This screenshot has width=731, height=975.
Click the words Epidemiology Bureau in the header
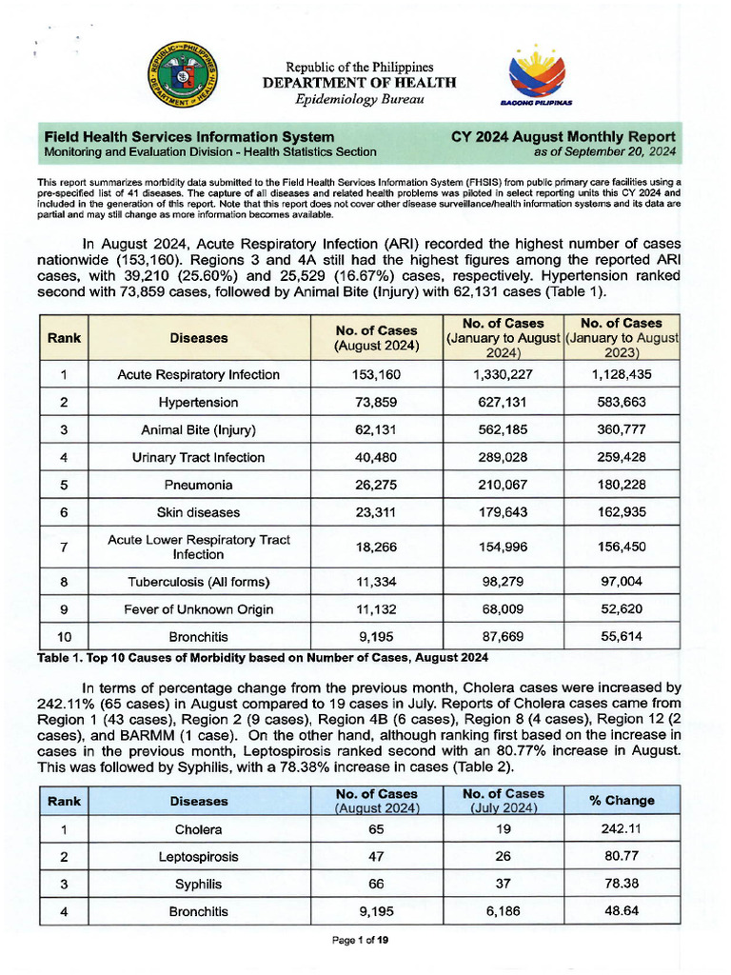click(x=360, y=100)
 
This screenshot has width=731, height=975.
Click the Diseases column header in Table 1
click(x=199, y=337)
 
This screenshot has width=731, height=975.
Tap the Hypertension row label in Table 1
click(x=199, y=403)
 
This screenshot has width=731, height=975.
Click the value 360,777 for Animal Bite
click(x=622, y=430)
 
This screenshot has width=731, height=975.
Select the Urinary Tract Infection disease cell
click(x=199, y=458)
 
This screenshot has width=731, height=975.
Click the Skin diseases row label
click(x=199, y=513)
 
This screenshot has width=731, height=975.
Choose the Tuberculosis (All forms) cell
click(x=199, y=582)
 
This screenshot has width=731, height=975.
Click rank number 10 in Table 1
click(x=63, y=637)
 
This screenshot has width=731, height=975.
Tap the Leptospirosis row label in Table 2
click(x=199, y=857)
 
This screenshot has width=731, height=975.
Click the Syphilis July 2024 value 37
click(x=503, y=885)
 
